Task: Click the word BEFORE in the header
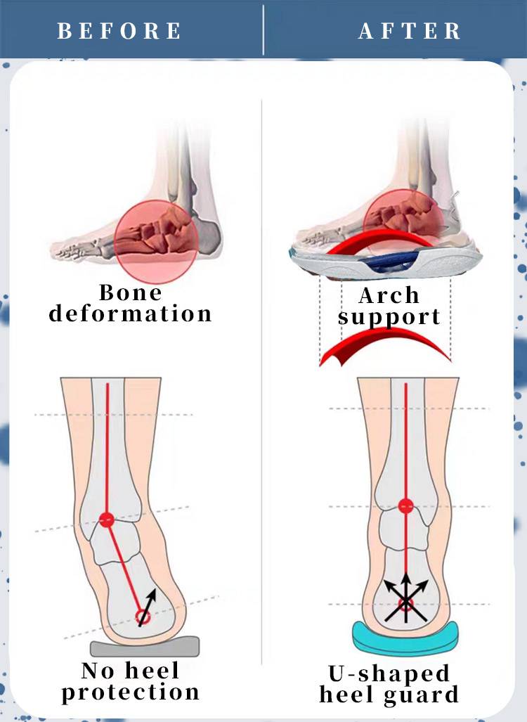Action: pos(119,32)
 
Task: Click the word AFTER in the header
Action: pos(410,32)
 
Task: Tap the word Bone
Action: pos(130,292)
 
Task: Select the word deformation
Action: pos(130,314)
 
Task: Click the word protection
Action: pos(130,692)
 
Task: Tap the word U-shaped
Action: pos(389,673)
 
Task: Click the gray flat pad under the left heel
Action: pos(145,647)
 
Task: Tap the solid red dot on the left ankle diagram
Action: pos(106,520)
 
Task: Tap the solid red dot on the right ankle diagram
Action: pos(405,505)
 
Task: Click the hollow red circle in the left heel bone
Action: pos(142,617)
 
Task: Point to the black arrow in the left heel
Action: pos(150,606)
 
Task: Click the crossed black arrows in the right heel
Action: pos(406,600)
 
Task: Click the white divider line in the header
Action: pos(263,30)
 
